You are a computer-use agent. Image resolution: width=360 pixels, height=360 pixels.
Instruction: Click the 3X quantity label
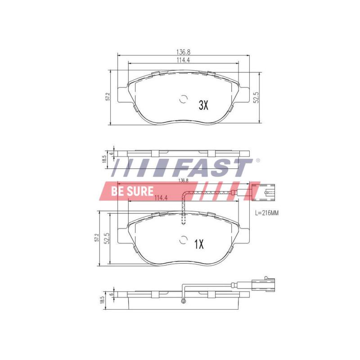coord(203,105)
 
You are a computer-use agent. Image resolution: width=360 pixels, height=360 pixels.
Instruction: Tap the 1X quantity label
coord(199,244)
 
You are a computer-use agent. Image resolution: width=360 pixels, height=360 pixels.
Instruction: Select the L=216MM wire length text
coord(267,213)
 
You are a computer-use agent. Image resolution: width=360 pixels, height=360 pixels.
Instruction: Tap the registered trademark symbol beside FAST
coord(257,160)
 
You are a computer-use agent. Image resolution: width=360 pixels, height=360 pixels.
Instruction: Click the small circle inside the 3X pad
coord(183,100)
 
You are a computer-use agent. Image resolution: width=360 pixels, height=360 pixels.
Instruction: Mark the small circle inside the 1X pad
coord(183,240)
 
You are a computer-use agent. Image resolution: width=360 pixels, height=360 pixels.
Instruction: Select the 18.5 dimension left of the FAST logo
coord(103,159)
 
